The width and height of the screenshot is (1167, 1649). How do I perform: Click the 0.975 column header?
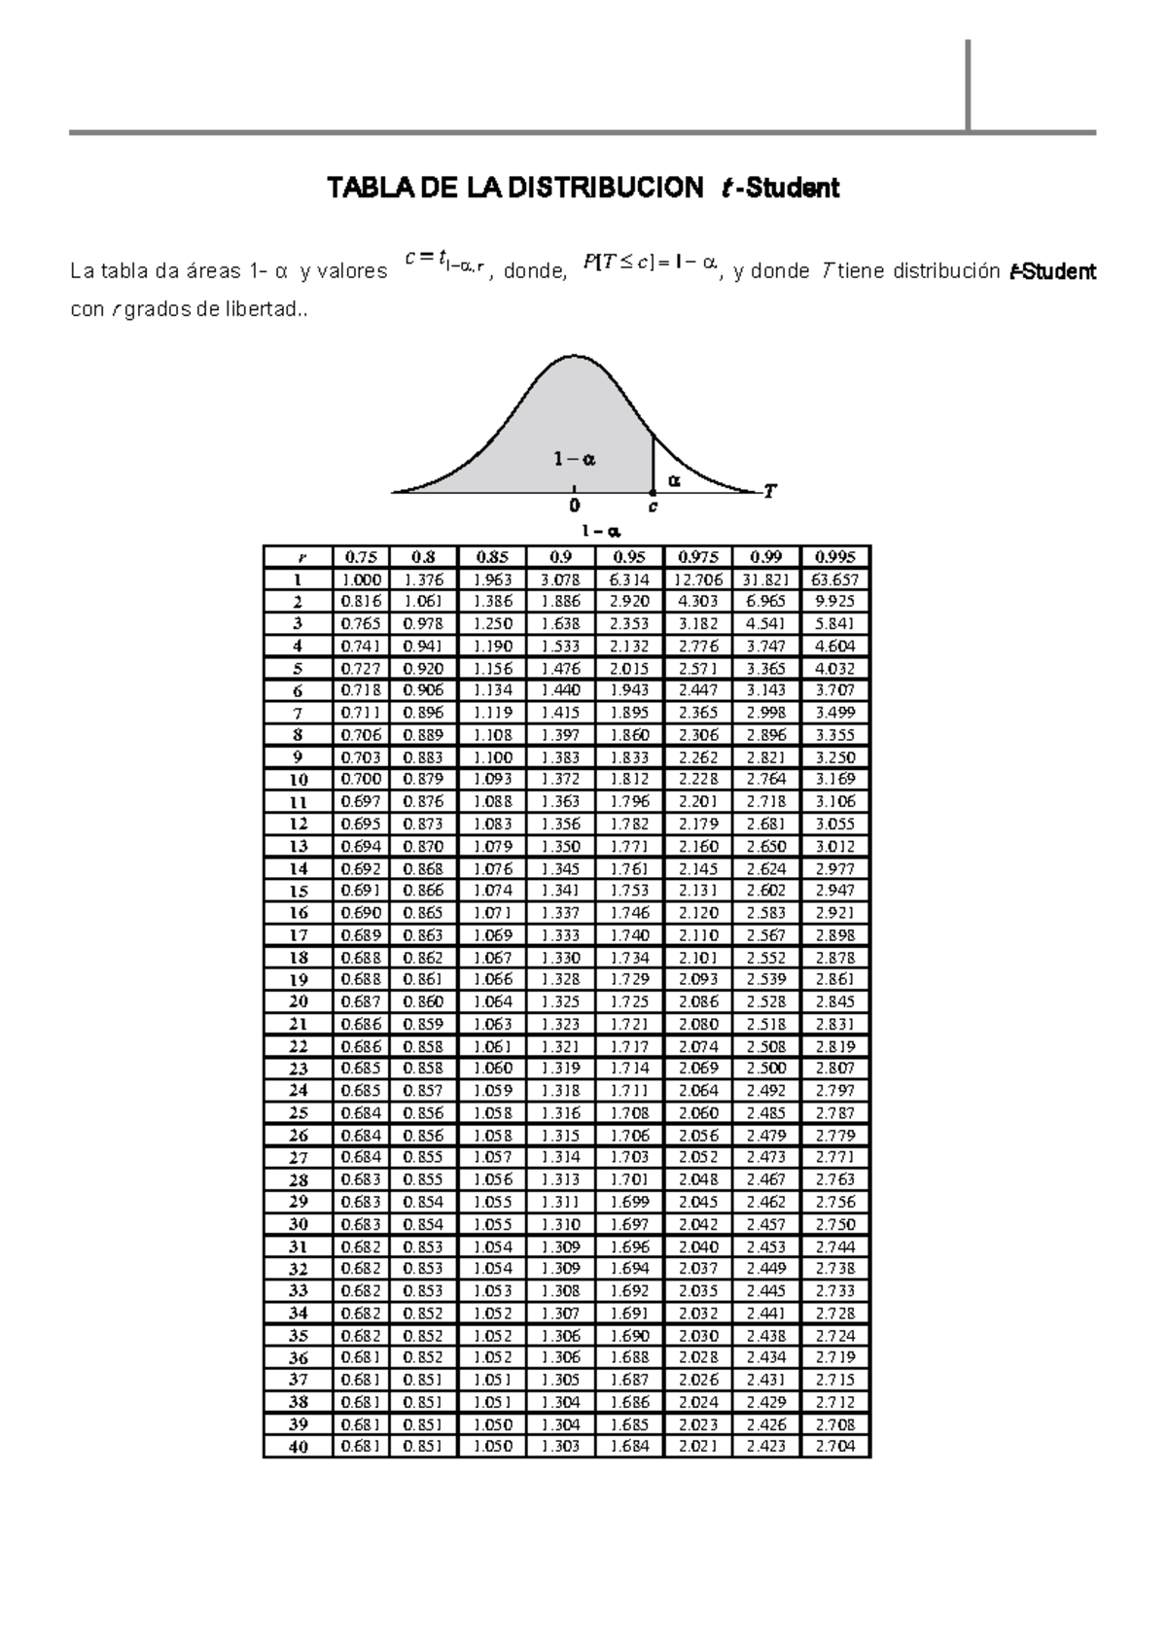pyautogui.click(x=697, y=557)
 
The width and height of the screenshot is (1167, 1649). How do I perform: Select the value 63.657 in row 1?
pyautogui.click(x=835, y=579)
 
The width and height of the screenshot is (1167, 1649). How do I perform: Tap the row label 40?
pyautogui.click(x=299, y=1447)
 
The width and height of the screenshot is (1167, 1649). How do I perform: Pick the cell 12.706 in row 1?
pyautogui.click(x=697, y=579)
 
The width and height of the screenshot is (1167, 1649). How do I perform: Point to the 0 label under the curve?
pyautogui.click(x=574, y=506)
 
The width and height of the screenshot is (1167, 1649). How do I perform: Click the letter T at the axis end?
pyautogui.click(x=769, y=491)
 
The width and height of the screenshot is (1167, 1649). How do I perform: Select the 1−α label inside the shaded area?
pyautogui.click(x=575, y=459)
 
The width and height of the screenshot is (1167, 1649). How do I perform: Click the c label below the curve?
pyautogui.click(x=653, y=507)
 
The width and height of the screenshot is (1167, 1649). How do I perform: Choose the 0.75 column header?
pyautogui.click(x=361, y=557)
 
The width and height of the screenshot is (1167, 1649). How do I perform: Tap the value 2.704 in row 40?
pyautogui.click(x=835, y=1446)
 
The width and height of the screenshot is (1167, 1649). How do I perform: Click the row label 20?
pyautogui.click(x=299, y=1001)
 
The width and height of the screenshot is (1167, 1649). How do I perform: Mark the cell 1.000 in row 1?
pyautogui.click(x=361, y=579)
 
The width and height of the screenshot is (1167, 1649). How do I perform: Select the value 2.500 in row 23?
pyautogui.click(x=766, y=1068)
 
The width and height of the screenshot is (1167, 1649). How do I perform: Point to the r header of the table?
pyautogui.click(x=299, y=557)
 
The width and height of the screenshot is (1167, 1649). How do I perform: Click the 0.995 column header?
pyautogui.click(x=835, y=557)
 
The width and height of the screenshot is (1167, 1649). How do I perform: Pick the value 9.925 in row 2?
pyautogui.click(x=835, y=602)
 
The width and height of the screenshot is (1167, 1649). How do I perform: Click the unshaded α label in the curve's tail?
pyautogui.click(x=674, y=479)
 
